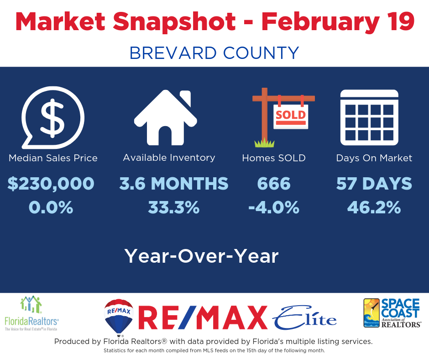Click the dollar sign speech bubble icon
[53, 118]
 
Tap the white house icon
[166, 118]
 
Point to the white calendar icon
[369, 117]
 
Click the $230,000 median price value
[51, 183]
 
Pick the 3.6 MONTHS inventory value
[174, 183]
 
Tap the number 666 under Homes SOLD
[273, 183]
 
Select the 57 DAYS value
[374, 183]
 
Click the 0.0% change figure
[51, 207]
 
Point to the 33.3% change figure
[174, 207]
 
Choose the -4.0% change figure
[273, 207]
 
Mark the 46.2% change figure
[374, 207]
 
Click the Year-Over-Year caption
[202, 256]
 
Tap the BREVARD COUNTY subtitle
[214, 53]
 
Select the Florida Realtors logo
[31, 313]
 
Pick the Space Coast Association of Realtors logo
[392, 313]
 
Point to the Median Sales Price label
[53, 158]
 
